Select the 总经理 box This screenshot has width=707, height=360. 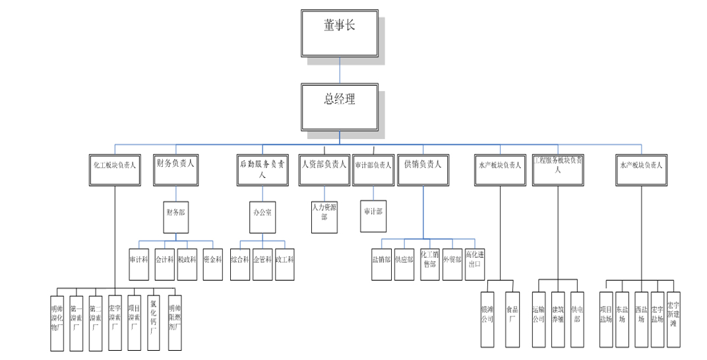(x=340, y=107)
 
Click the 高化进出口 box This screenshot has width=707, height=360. (x=474, y=260)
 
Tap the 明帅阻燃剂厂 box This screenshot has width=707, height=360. (x=174, y=318)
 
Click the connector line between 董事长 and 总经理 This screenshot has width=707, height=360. (x=340, y=71)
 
